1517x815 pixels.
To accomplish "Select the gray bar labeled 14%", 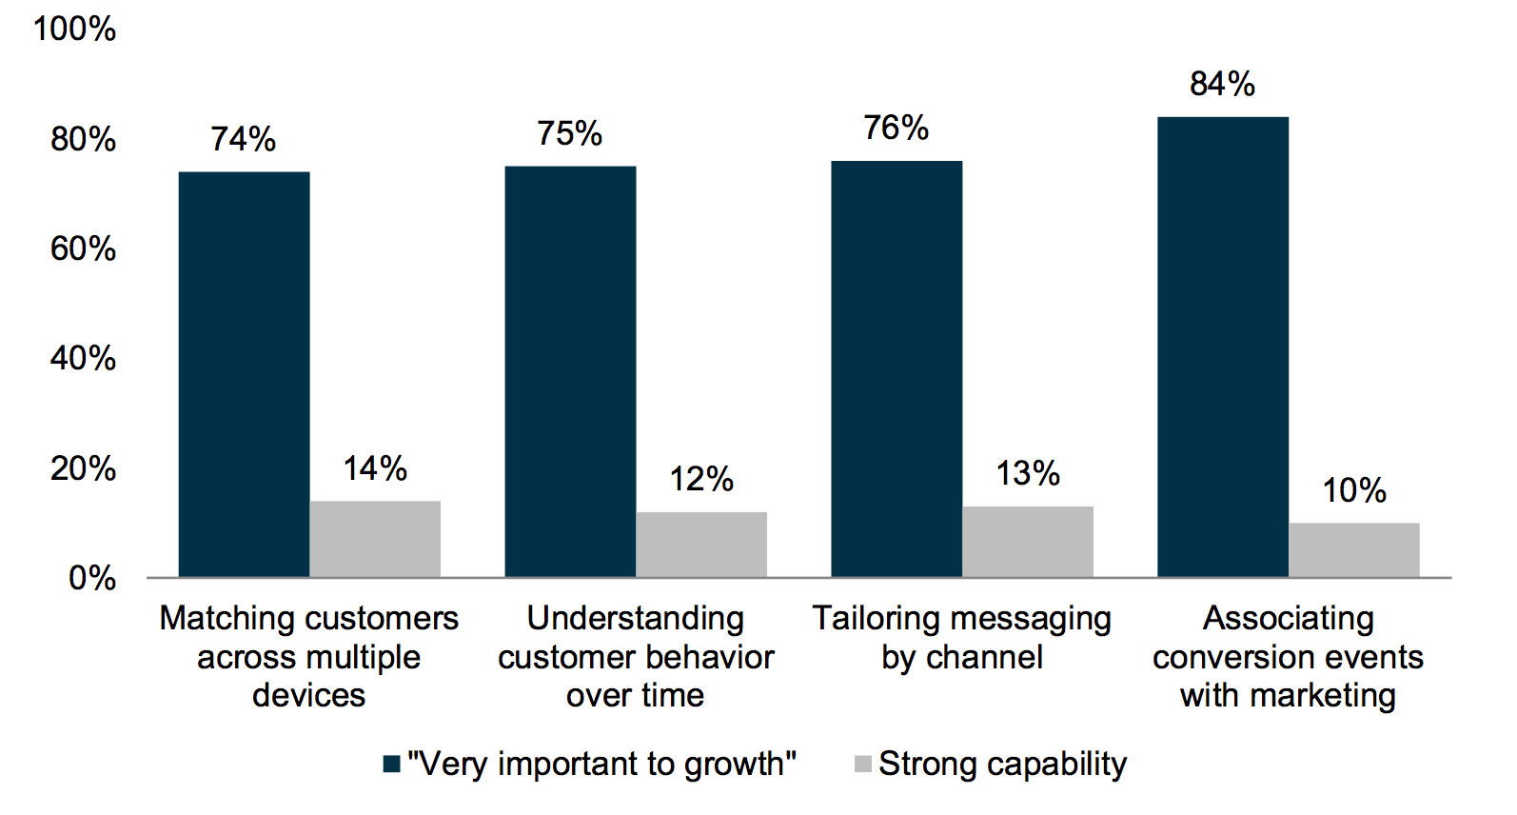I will pos(375,539).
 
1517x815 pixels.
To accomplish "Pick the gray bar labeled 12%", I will pos(701,545).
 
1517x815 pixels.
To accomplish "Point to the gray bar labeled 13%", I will pos(1028,542).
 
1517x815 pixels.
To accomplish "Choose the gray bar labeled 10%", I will pos(1354,549).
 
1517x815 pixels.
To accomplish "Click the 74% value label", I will pos(244,140).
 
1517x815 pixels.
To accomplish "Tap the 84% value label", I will pos(1223,85).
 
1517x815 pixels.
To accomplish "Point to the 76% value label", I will pos(896,129).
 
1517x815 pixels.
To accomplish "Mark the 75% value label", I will pos(570,134).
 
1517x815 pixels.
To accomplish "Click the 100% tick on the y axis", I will pos(75,30).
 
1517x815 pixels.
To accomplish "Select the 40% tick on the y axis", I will pos(84,359).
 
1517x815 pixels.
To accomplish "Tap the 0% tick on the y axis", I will pos(92,578).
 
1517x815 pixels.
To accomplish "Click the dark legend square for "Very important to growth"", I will pos(391,765).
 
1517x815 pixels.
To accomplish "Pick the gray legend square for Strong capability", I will pos(863,765).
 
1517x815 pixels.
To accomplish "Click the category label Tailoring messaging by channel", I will pos(962,638).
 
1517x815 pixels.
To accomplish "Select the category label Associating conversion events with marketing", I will pos(1289,657).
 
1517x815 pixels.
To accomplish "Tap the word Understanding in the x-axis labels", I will pos(636,619).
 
